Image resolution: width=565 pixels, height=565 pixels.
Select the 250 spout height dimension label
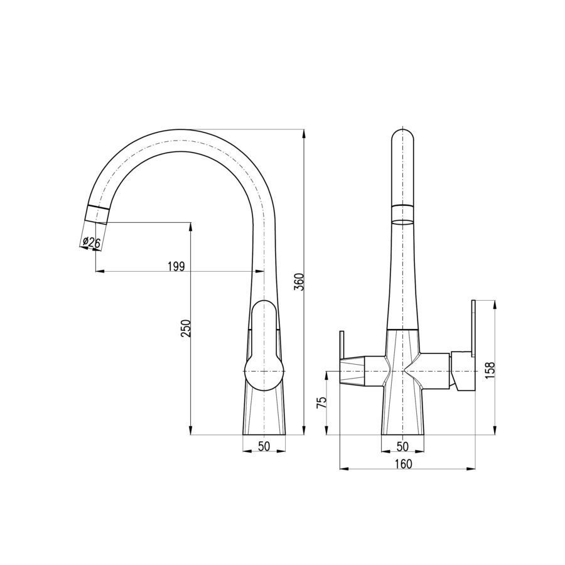tap(186, 328)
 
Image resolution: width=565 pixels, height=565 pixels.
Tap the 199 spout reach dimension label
tap(176, 266)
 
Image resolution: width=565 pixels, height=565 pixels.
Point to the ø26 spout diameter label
tap(92, 242)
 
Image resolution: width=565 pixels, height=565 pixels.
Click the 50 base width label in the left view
tap(264, 446)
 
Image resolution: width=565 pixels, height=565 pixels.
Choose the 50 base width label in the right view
tap(402, 446)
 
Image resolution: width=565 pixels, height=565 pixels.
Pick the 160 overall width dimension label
tap(403, 464)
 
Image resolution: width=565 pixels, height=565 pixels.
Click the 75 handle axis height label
tap(321, 402)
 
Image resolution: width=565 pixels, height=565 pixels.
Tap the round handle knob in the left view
tap(264, 372)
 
